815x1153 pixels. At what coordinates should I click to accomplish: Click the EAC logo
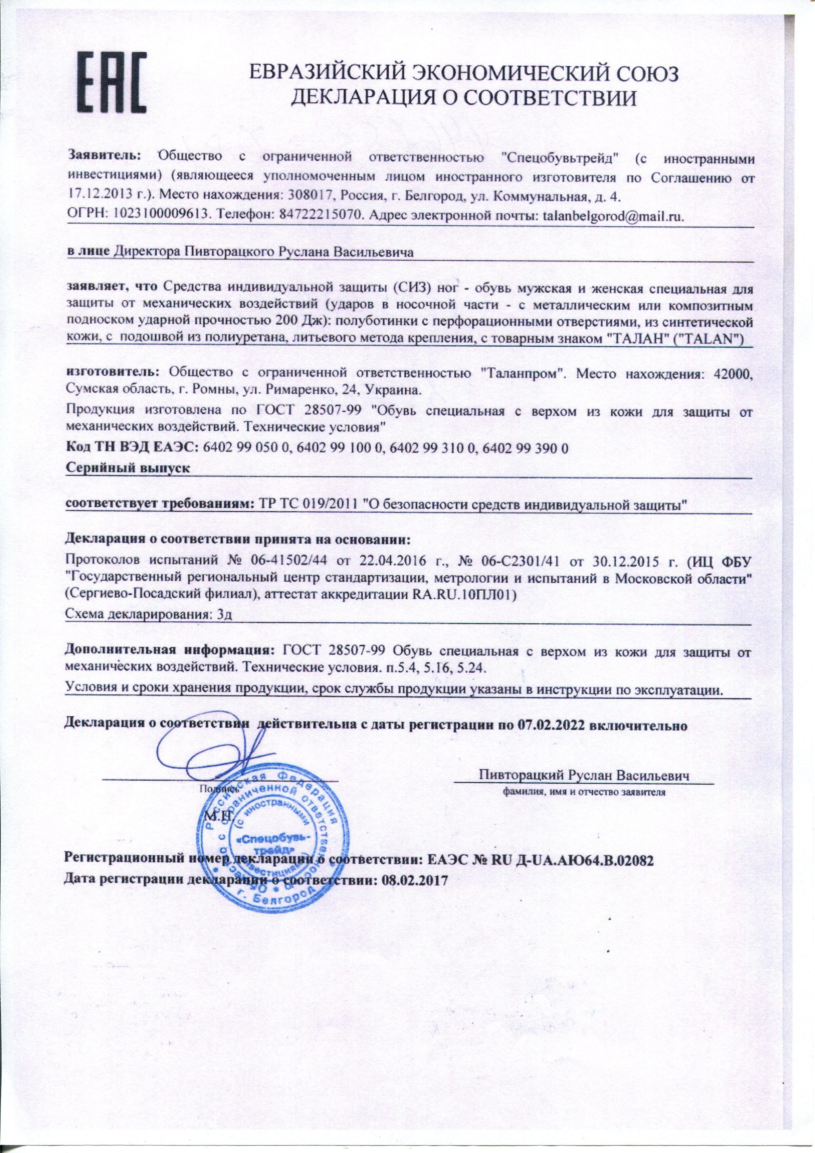tap(111, 82)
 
